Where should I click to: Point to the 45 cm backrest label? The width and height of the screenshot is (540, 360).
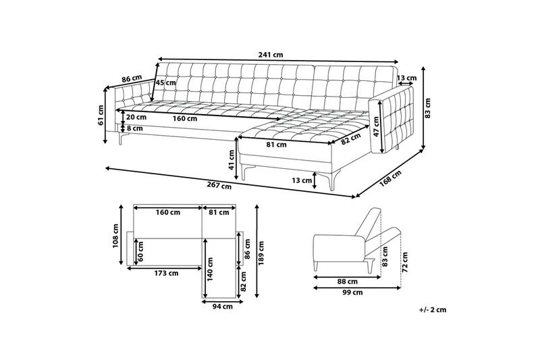(x=165, y=83)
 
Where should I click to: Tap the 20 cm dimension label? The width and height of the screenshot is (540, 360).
(x=135, y=117)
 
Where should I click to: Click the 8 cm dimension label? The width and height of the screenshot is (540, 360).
(x=134, y=128)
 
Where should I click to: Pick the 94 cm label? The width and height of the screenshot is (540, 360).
(x=223, y=307)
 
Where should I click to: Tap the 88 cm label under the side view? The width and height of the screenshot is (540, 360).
(x=348, y=281)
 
